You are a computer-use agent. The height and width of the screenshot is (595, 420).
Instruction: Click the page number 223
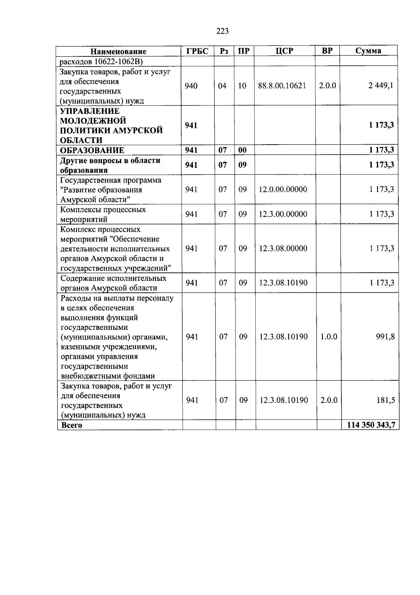tap(223, 31)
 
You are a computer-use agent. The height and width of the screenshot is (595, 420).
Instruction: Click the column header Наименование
tap(118, 51)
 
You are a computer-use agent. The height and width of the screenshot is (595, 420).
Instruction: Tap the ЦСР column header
tap(284, 51)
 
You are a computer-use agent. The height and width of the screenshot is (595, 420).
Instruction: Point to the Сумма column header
tap(368, 51)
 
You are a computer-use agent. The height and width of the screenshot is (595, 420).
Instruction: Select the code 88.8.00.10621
tap(282, 86)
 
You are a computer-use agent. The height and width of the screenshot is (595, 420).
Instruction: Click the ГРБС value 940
tap(191, 86)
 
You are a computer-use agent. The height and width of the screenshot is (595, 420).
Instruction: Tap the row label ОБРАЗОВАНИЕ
tap(92, 150)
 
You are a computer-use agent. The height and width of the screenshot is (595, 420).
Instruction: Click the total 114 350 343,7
tap(371, 425)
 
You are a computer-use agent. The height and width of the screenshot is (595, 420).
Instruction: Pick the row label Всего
tap(71, 426)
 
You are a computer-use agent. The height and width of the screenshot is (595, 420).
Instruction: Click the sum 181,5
tap(386, 400)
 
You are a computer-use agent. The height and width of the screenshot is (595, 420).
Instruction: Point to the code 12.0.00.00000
tap(283, 189)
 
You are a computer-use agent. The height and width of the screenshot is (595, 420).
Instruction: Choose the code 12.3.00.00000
tap(283, 214)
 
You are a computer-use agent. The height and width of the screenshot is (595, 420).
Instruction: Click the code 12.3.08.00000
tap(283, 248)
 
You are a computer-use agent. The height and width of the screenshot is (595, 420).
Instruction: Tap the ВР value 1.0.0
tap(329, 337)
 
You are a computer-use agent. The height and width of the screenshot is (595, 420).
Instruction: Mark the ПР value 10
tap(242, 86)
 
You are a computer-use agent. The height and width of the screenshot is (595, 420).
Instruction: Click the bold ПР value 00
tap(242, 150)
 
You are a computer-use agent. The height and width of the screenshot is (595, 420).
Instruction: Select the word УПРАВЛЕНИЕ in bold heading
tap(90, 111)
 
